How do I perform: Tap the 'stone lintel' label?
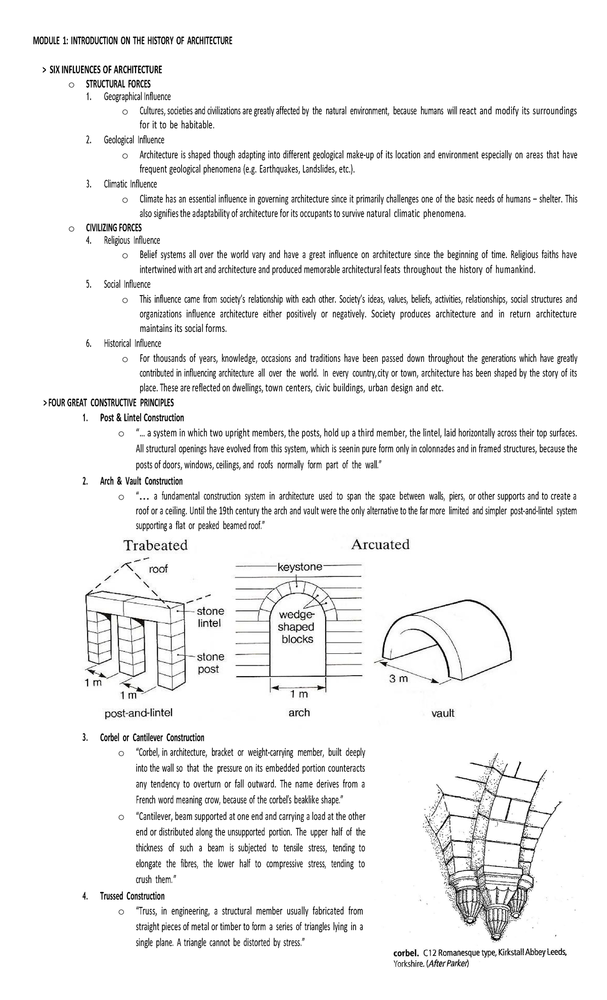(x=210, y=617)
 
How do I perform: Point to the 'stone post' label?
(x=210, y=663)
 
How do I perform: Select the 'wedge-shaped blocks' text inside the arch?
(x=297, y=627)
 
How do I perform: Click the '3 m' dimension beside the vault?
(x=398, y=679)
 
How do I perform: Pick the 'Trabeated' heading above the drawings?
(x=156, y=546)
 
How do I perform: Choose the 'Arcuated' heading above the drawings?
(x=380, y=545)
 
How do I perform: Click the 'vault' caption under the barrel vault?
(x=443, y=713)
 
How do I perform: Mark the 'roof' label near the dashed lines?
(x=158, y=569)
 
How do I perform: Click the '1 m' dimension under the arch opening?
(x=299, y=695)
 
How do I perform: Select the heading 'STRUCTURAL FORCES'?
(x=118, y=84)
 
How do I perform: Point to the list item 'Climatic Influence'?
(x=130, y=184)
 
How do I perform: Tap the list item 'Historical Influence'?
(x=132, y=344)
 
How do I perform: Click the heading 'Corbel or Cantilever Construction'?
(x=152, y=737)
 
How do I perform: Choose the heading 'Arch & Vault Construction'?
(x=141, y=481)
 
